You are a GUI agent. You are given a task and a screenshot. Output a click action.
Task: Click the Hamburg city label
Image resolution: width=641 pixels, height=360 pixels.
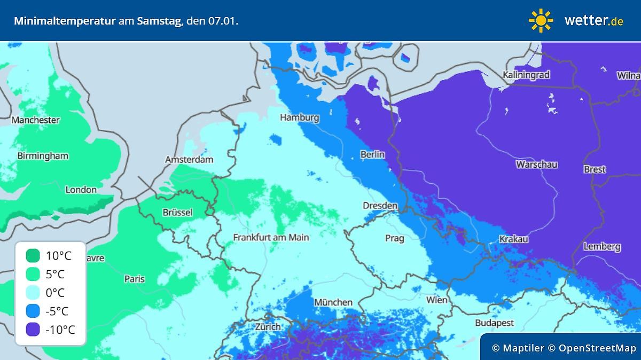point(300,118)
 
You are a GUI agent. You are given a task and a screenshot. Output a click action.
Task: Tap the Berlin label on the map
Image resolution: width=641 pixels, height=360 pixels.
point(372,154)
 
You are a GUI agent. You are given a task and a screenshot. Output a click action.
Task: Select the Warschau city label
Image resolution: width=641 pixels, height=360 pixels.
point(536,164)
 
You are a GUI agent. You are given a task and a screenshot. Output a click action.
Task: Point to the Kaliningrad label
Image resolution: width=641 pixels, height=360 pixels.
point(526,75)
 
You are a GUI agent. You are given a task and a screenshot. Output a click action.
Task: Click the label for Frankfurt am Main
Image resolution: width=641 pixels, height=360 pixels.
point(271,237)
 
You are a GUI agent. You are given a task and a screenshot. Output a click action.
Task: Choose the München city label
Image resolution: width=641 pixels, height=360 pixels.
point(333,302)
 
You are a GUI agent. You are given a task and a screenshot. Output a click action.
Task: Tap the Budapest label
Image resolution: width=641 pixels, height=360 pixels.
point(494,323)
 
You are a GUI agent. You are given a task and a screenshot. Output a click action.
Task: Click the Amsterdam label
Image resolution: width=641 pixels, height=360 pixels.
point(189,159)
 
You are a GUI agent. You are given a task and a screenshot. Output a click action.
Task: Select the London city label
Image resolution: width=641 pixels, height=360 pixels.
point(81,190)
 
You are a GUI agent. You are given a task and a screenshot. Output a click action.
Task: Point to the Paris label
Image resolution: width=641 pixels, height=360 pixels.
point(134,278)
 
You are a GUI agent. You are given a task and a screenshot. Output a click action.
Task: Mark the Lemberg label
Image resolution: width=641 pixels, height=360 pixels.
point(602,246)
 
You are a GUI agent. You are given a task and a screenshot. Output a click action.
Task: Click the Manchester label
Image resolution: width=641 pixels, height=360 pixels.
point(36,120)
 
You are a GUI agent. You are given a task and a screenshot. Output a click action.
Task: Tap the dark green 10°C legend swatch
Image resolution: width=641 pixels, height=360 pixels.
point(33,256)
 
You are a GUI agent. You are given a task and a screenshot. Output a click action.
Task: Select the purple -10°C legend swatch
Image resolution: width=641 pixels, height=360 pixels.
point(33,330)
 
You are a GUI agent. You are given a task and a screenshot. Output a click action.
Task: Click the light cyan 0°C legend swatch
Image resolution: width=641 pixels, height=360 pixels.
point(33,293)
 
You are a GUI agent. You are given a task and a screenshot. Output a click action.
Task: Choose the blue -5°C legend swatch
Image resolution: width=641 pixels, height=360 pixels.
point(33,311)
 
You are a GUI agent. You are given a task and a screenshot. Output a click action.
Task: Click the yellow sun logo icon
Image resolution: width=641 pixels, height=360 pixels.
point(541,20)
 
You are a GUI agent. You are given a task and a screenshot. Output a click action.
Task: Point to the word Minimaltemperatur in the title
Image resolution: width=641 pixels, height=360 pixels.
point(64,21)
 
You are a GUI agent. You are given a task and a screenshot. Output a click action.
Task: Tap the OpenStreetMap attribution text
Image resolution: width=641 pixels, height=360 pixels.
point(597,348)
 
